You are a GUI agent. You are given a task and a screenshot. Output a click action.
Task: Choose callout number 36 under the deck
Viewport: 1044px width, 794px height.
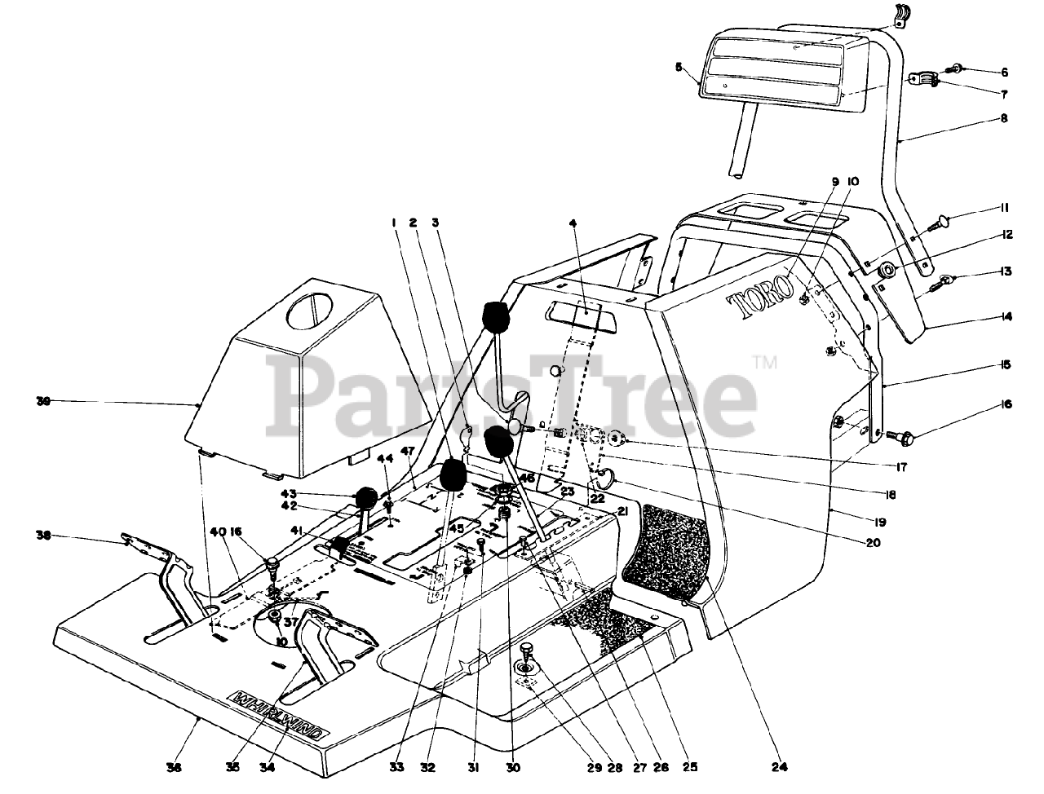(x=175, y=766)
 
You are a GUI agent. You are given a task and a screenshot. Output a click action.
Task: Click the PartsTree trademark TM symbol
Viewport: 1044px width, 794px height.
(x=764, y=361)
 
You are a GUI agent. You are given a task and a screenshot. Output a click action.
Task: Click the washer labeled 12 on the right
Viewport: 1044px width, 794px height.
(x=886, y=270)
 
